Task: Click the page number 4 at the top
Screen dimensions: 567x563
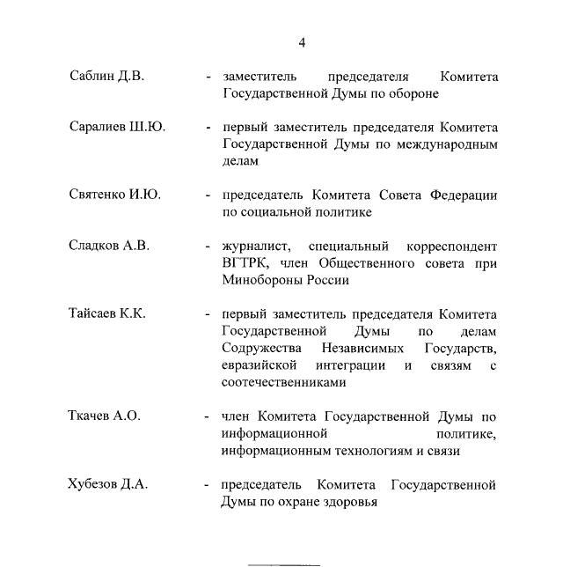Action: click(302, 42)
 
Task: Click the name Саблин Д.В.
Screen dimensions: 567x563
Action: click(106, 76)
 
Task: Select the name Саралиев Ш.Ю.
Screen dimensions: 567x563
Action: click(117, 127)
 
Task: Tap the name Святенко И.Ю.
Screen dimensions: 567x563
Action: click(114, 195)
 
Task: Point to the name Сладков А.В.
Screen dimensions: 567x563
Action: click(109, 246)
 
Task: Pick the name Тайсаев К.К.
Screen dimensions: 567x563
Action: click(110, 313)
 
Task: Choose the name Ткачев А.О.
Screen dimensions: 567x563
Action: click(104, 416)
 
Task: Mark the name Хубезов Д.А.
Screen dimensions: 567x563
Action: click(108, 484)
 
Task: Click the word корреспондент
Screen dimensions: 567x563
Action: click(452, 247)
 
